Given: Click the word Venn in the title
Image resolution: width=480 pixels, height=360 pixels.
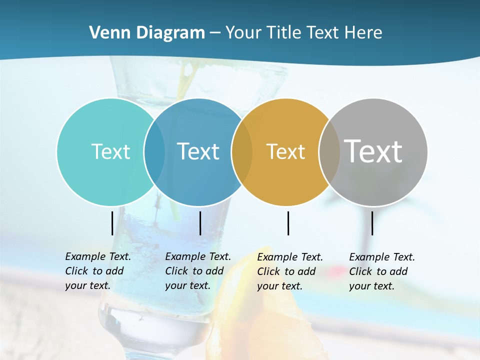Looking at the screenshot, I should [x=106, y=33].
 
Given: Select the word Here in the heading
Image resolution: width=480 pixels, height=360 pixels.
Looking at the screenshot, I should [x=363, y=33].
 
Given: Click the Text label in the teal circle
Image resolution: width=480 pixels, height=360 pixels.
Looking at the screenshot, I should [x=110, y=151].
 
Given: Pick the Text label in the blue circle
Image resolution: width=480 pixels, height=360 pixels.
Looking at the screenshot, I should [x=198, y=151].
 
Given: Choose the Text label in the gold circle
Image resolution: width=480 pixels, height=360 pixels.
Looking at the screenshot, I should [x=285, y=151].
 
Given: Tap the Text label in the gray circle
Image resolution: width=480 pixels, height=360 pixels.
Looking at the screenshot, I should [x=373, y=151].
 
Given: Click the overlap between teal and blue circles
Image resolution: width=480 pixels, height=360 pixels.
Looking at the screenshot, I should [x=154, y=151].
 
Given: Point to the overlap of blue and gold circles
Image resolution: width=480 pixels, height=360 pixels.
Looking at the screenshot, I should [x=242, y=151].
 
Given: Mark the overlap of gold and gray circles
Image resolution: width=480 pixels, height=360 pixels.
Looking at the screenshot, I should [x=329, y=151].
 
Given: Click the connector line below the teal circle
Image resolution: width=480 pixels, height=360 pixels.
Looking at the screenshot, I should [x=112, y=223].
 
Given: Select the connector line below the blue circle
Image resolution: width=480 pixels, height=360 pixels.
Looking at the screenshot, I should [x=200, y=223].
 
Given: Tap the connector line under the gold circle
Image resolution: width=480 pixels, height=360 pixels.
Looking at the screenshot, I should [x=288, y=223].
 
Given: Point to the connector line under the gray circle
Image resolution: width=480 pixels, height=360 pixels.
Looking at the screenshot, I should [x=372, y=223].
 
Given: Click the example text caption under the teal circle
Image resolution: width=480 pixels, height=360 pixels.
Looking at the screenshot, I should [x=97, y=271].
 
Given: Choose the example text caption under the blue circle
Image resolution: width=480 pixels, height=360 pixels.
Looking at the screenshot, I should [x=197, y=271].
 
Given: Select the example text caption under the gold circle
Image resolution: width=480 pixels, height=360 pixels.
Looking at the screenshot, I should [x=289, y=271].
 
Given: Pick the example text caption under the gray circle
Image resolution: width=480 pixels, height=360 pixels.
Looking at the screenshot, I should [x=381, y=271].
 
